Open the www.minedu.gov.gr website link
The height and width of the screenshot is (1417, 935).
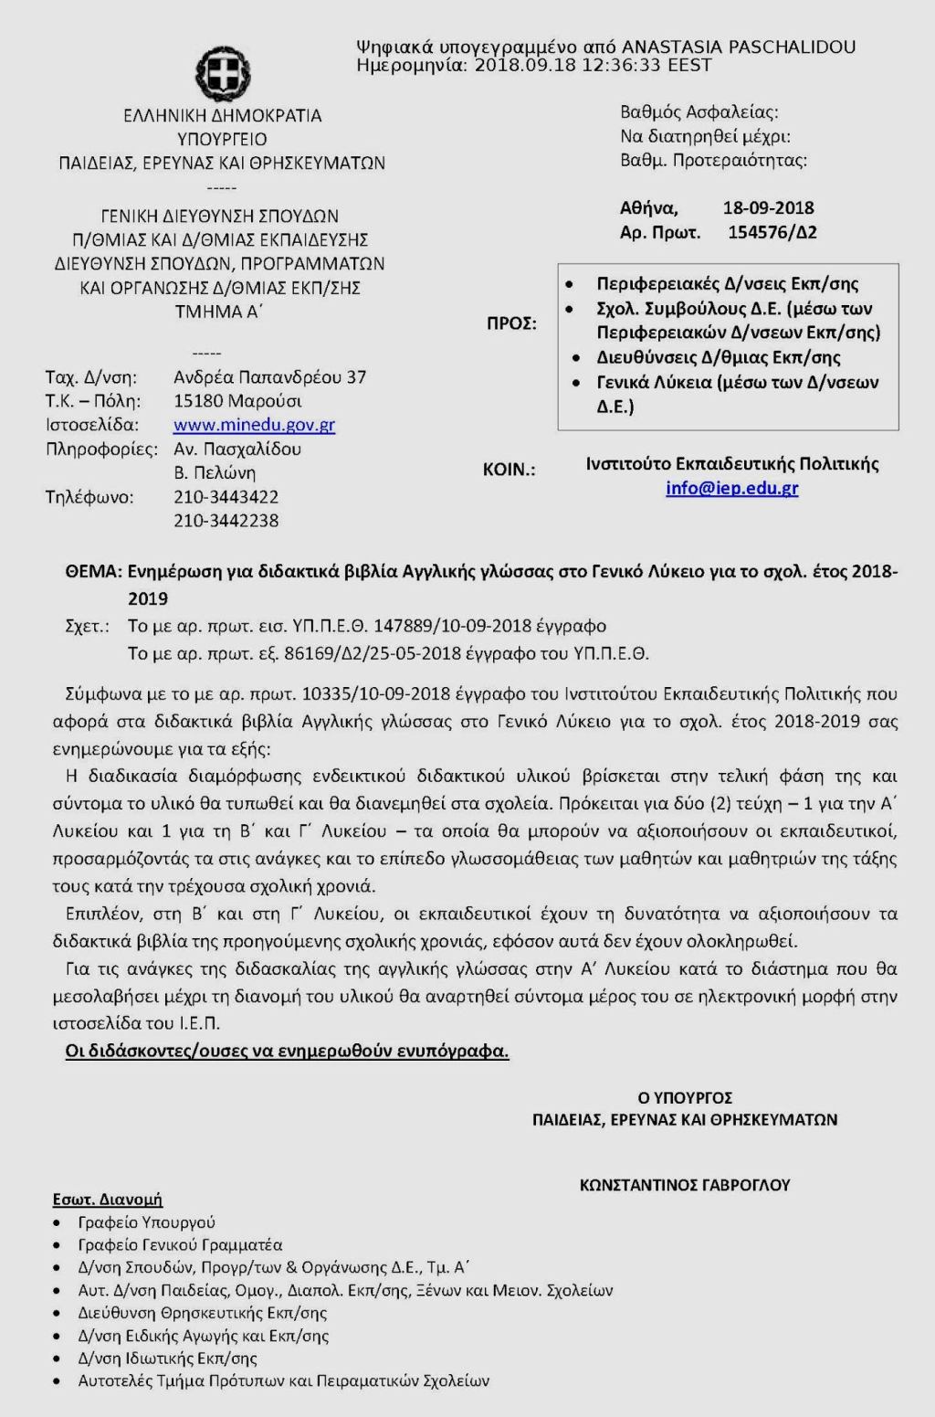254,425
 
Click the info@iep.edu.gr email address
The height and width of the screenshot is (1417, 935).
731,488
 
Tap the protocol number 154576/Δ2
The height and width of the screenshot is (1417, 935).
772,232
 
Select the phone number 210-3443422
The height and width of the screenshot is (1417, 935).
226,497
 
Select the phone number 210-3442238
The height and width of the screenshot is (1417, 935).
226,521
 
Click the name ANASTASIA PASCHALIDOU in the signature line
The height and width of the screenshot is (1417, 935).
739,47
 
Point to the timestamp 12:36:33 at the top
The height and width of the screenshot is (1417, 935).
620,65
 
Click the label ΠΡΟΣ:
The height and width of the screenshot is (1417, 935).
510,323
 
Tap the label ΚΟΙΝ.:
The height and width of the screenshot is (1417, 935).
509,471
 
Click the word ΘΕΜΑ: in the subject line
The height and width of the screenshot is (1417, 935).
93,572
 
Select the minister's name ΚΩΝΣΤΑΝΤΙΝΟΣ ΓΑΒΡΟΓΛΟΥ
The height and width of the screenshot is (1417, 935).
685,1185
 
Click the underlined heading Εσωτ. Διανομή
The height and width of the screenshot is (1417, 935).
108,1199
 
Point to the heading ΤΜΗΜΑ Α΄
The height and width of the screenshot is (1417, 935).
219,312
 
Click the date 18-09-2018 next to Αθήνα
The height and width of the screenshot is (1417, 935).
768,207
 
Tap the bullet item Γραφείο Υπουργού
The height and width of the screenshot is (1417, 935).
147,1222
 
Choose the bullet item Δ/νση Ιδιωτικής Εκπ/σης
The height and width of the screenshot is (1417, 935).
168,1359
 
